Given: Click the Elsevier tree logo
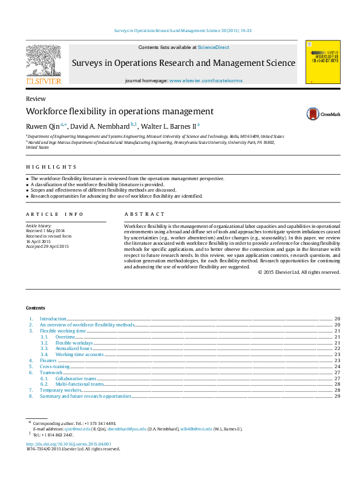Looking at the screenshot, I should (x=43, y=62).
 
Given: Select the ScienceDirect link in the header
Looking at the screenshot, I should (x=214, y=47).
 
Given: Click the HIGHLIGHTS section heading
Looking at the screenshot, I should (x=51, y=167).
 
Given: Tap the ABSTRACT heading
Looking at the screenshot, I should (x=145, y=214).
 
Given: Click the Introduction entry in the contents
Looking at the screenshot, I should (x=53, y=319).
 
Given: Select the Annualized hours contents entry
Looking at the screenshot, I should (x=74, y=348).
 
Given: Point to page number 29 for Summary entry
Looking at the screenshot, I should (x=337, y=396).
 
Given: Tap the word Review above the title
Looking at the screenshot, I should (x=35, y=99).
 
